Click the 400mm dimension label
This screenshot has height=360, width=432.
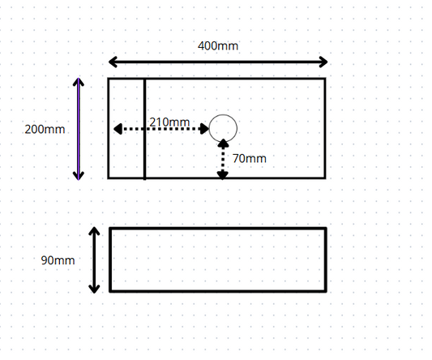tap(218, 45)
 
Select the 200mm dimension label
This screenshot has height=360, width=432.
tap(45, 129)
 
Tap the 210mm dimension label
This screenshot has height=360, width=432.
tap(169, 122)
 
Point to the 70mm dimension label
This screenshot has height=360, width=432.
tap(250, 158)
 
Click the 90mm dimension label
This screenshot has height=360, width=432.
tap(58, 260)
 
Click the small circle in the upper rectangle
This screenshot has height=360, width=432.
tap(223, 114)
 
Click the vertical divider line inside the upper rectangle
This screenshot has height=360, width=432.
tap(144, 129)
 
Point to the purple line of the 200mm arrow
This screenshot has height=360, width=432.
tap(79, 129)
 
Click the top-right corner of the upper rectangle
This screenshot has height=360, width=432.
tap(325, 79)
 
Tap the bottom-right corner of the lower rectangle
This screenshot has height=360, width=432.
tap(326, 291)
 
